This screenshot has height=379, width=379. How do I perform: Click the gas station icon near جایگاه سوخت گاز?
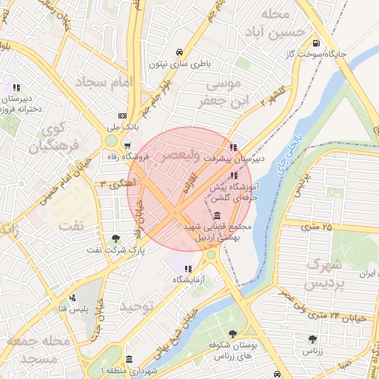coord(317,42)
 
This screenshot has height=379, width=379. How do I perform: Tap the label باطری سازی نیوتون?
coord(180,64)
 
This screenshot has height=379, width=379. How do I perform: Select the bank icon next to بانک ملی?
coord(123,115)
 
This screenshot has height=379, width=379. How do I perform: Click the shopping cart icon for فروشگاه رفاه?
coord(127,145)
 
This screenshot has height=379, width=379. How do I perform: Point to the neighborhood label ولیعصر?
coord(178,156)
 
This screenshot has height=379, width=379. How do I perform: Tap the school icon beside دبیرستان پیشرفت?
coord(234,147)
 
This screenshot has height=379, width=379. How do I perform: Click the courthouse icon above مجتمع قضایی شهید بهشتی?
coord(215,215)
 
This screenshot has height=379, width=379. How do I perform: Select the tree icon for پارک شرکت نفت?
coord(115,238)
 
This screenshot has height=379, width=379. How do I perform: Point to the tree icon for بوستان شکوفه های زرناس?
coord(232,334)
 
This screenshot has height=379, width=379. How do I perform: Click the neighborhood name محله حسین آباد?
coord(275,23)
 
